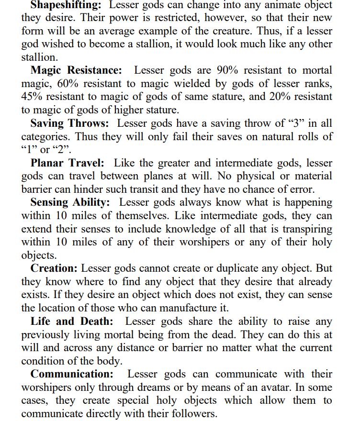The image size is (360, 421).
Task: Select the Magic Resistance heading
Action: tap(76, 70)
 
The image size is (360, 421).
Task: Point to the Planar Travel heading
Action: tap(67, 163)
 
